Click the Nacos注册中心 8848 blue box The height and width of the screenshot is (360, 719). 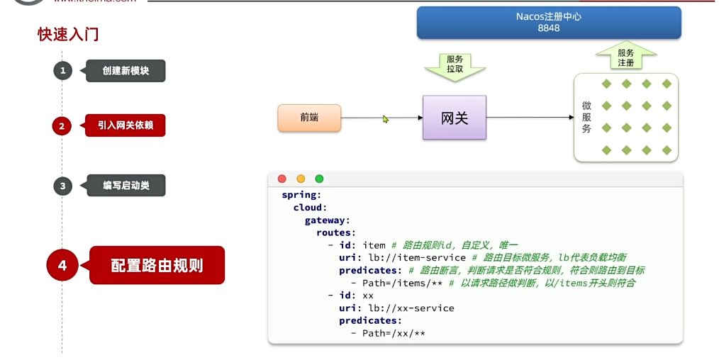tap(548, 23)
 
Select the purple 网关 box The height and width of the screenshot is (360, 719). tap(454, 118)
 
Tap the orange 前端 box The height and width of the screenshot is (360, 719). tap(309, 118)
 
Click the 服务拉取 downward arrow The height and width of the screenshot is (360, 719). tap(455, 65)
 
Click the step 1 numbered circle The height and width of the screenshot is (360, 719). tap(62, 70)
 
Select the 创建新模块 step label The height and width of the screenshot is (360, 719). tap(126, 71)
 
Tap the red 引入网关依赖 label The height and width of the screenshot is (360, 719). tap(126, 126)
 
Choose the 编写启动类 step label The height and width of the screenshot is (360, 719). tap(126, 186)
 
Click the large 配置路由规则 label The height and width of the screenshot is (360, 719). tap(157, 265)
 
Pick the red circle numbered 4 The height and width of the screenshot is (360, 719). tap(62, 265)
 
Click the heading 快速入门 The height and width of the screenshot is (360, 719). tap(68, 34)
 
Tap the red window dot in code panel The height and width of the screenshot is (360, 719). tap(282, 179)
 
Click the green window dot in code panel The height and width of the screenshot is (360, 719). tap(319, 179)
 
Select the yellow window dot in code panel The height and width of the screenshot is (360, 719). tap(301, 179)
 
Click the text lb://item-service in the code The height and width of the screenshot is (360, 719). tap(417, 257)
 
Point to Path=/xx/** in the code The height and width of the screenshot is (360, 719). tap(394, 333)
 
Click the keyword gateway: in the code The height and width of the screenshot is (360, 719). tap(328, 220)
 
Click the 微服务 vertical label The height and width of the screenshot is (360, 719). tap(586, 117)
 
